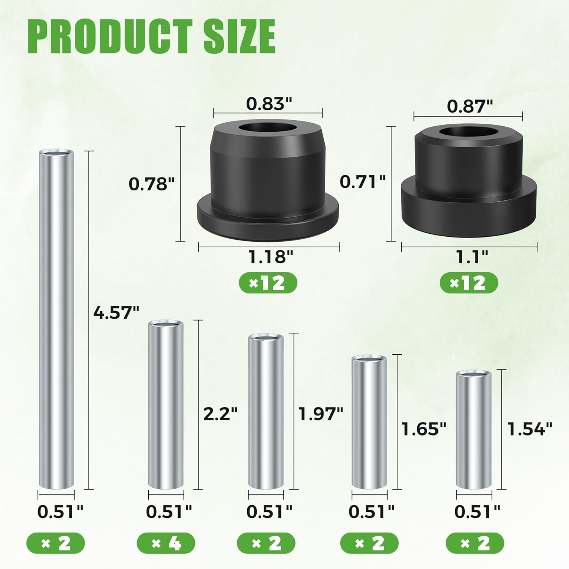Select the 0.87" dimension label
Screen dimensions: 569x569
(x=470, y=106)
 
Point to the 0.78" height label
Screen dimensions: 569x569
(x=152, y=184)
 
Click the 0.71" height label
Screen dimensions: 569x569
(x=363, y=182)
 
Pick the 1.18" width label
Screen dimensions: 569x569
(x=270, y=257)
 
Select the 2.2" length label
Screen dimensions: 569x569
(x=220, y=413)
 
